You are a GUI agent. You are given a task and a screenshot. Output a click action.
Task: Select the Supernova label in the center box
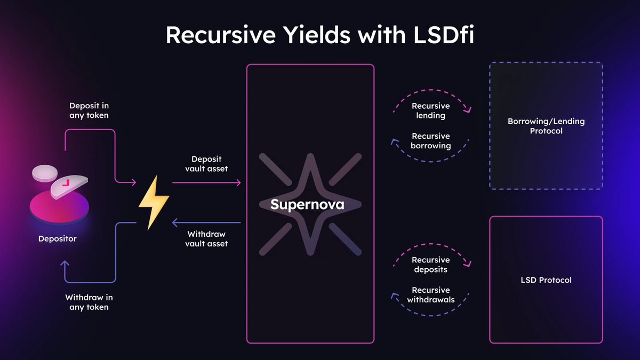[307, 204]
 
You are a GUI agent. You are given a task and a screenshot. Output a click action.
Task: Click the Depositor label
[57, 239]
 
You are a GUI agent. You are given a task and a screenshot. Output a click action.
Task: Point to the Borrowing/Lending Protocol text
[546, 126]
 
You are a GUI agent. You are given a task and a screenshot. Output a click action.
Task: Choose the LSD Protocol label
[546, 279]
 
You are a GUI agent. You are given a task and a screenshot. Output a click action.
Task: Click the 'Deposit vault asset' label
[206, 164]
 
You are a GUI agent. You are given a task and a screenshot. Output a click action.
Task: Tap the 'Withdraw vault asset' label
[206, 239]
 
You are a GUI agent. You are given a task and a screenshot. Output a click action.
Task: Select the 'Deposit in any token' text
[89, 110]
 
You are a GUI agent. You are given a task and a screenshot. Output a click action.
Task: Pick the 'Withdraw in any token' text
[89, 302]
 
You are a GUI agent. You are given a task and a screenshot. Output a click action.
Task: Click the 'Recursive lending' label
[431, 110]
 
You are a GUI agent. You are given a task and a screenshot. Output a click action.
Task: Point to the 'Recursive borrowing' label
[431, 141]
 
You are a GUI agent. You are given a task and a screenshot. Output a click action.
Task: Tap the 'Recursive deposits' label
[431, 265]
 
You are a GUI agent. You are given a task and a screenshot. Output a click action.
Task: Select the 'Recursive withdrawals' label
[431, 294]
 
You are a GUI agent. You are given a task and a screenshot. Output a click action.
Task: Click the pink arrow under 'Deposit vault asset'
[206, 183]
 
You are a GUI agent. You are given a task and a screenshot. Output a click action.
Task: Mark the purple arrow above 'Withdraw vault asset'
[206, 222]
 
